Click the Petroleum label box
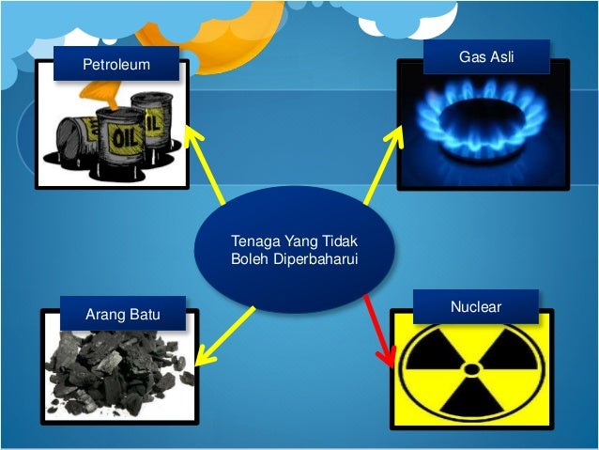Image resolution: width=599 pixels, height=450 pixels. [x=103, y=66]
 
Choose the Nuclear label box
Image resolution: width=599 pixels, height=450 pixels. [x=475, y=307]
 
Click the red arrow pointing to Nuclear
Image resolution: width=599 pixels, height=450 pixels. [x=376, y=329]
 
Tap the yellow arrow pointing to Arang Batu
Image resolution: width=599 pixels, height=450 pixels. [x=225, y=336]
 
